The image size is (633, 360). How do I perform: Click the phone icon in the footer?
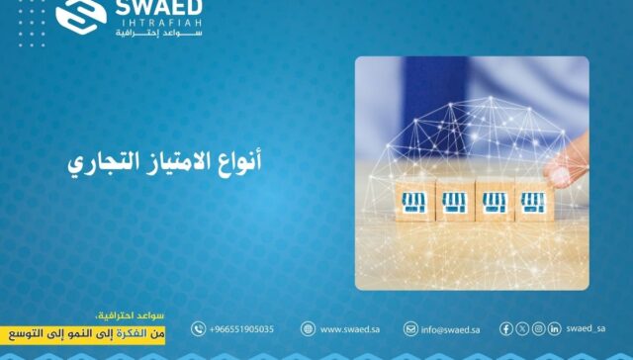[199, 329]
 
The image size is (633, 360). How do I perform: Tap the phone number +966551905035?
[241, 329]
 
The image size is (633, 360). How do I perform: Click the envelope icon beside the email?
[410, 329]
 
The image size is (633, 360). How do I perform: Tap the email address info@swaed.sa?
[449, 329]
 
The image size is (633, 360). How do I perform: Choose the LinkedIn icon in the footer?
[555, 329]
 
